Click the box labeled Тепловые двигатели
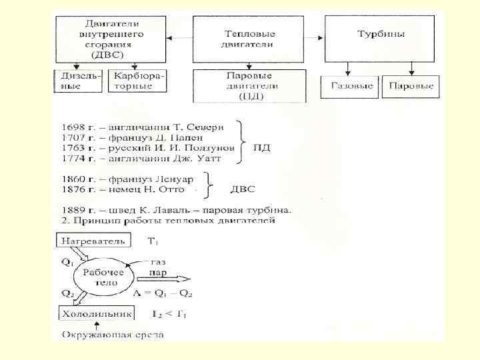pos(248,38)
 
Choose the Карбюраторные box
pos(138,81)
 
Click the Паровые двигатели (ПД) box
pos(249,85)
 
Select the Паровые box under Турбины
pos(410,86)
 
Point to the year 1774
pos(73,158)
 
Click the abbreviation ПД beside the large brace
pos(261,147)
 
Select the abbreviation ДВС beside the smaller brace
pos(242,189)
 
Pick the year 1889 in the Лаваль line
pos(73,209)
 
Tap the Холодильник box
pos(96,313)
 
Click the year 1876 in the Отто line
pos(73,189)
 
